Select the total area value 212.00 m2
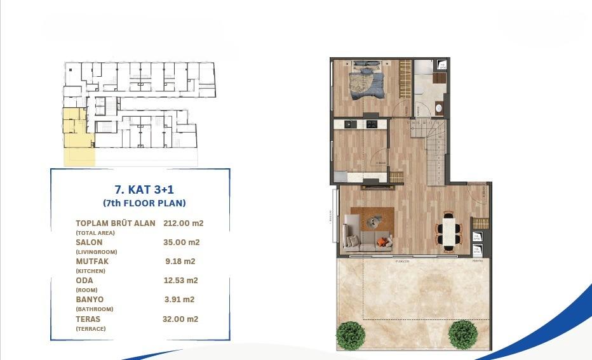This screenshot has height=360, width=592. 183,223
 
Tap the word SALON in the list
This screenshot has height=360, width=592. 89,243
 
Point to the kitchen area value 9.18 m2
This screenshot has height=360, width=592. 180,261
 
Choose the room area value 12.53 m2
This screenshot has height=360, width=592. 181,280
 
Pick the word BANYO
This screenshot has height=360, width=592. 90,299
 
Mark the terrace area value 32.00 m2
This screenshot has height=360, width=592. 180,319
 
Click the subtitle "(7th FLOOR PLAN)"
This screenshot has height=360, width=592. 144,203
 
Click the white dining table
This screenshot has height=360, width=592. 449,229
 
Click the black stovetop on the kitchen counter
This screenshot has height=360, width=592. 371,123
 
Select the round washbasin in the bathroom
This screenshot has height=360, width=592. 438,109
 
